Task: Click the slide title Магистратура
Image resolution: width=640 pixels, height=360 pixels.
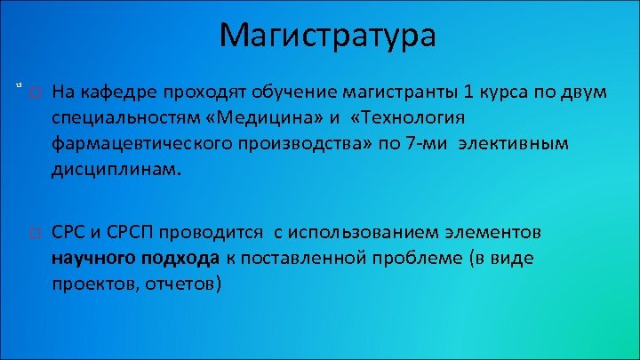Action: point(327,36)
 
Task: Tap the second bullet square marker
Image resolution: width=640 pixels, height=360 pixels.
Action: point(34,234)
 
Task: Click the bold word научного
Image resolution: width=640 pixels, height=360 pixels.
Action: point(91,259)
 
